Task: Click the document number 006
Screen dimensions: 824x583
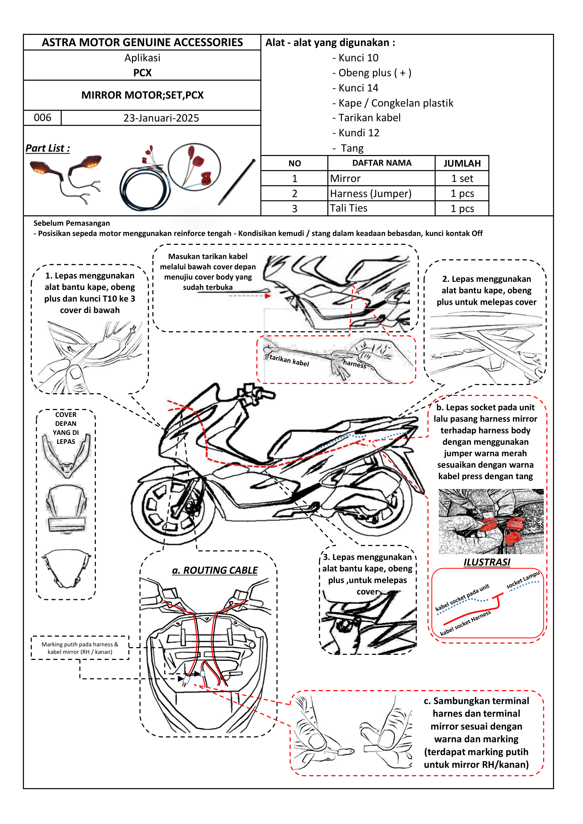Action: point(42,118)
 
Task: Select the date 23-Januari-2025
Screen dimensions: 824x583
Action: point(161,118)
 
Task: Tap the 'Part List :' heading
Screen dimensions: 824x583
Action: point(48,148)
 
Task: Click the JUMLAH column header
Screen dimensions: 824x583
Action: point(462,163)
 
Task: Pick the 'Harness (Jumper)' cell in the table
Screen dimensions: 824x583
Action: point(370,193)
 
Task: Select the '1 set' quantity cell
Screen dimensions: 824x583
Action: point(462,178)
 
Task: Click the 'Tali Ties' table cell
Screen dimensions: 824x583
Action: point(348,208)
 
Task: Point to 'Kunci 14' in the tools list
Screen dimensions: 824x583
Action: point(358,88)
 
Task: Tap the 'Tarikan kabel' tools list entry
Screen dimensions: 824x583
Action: point(369,118)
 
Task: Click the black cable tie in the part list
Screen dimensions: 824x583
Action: point(237,182)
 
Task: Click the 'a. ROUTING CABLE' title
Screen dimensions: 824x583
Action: point(215,570)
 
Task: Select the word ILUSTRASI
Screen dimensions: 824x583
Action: point(487,562)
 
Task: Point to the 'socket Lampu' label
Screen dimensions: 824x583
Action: point(522,580)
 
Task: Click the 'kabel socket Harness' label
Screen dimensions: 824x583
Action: point(465,624)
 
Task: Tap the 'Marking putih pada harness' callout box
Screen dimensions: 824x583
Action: point(80,648)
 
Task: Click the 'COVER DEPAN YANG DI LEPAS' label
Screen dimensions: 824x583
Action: point(66,428)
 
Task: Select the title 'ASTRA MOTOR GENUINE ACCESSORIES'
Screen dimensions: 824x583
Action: point(142,42)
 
